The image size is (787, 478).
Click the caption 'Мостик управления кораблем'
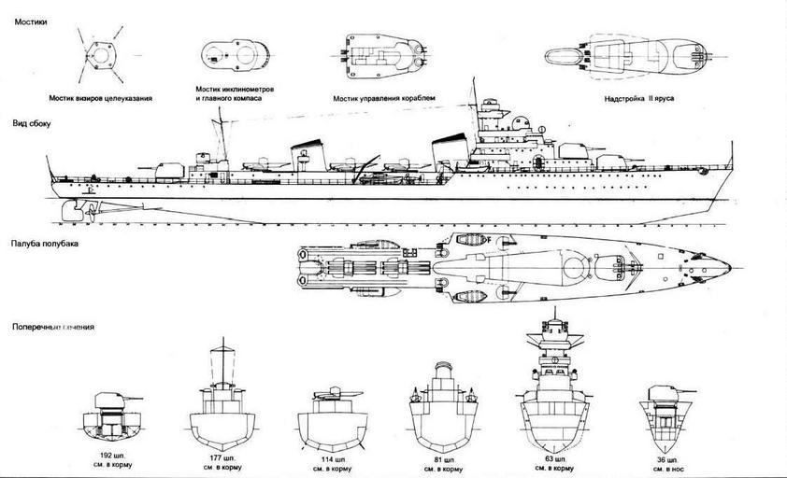coord(379,97)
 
